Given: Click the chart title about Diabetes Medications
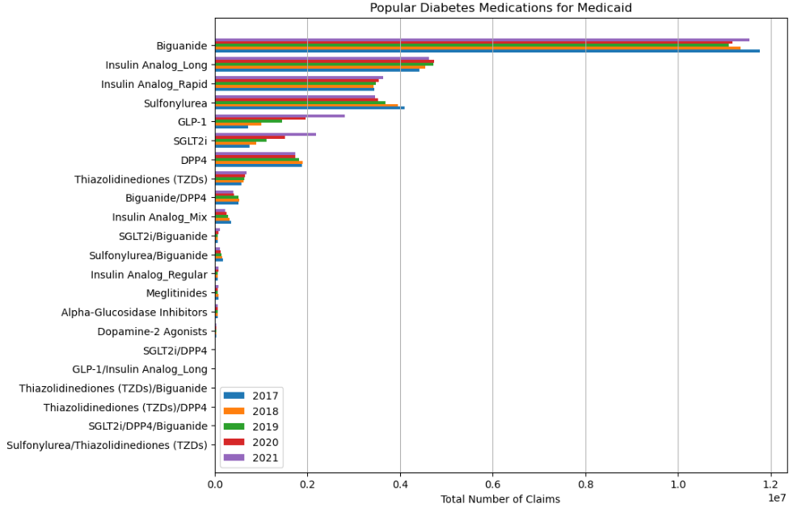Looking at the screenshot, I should click(500, 8).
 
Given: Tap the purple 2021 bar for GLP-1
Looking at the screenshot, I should click(280, 115).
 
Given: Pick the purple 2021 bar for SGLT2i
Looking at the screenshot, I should click(265, 134).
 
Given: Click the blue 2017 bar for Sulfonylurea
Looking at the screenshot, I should click(310, 108).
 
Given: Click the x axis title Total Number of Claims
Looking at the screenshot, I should click(500, 499).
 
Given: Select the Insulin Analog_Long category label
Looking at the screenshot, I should click(156, 65).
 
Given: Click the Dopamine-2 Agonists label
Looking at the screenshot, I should click(152, 331).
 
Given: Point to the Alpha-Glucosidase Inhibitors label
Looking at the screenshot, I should click(134, 313).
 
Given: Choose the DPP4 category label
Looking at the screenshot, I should click(194, 160).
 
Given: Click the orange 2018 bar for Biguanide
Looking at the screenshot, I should click(477, 48).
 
